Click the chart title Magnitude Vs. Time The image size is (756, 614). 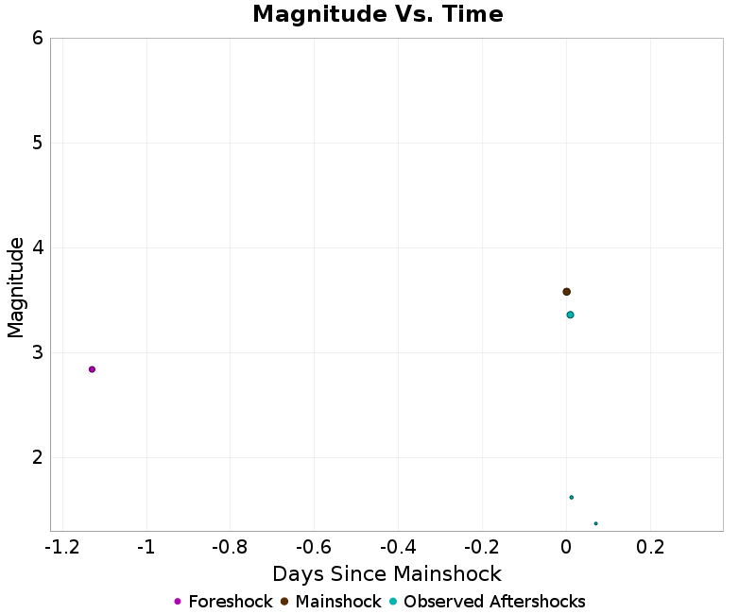point(377,15)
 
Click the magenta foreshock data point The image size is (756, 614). point(92,369)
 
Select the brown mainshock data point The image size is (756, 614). point(566,292)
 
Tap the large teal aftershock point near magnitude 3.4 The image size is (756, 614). point(570,315)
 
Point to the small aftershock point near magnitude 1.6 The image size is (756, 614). point(571,497)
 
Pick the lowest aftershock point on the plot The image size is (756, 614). point(595,523)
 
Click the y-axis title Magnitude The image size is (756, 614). point(16,287)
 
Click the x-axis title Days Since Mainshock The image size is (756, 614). point(387,573)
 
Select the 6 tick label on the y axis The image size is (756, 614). point(37,39)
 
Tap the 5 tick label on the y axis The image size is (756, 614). point(37,144)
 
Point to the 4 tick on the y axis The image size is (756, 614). point(37,248)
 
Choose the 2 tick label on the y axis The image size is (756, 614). point(37,458)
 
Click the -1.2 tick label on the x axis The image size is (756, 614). point(62,548)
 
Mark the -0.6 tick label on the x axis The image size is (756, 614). point(314,548)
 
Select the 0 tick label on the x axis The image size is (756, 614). point(566,548)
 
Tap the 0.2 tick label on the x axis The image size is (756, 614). point(650,548)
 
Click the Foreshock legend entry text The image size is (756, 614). point(230,602)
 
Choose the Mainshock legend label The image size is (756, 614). point(337,602)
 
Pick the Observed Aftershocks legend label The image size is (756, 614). point(494,602)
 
